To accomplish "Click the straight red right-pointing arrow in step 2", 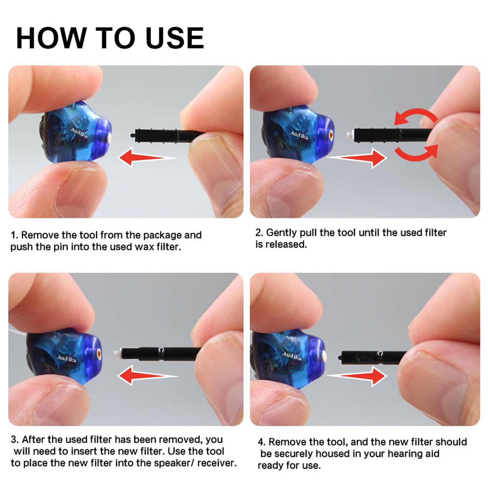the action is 357,158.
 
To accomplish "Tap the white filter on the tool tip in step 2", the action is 349,134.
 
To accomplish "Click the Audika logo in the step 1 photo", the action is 79,132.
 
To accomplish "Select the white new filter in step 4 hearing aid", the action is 324,356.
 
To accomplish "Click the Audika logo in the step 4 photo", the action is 292,356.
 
